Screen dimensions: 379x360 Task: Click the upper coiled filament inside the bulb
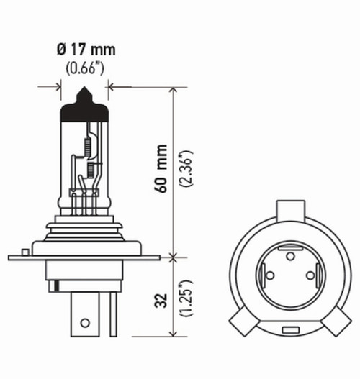pos(88,143)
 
